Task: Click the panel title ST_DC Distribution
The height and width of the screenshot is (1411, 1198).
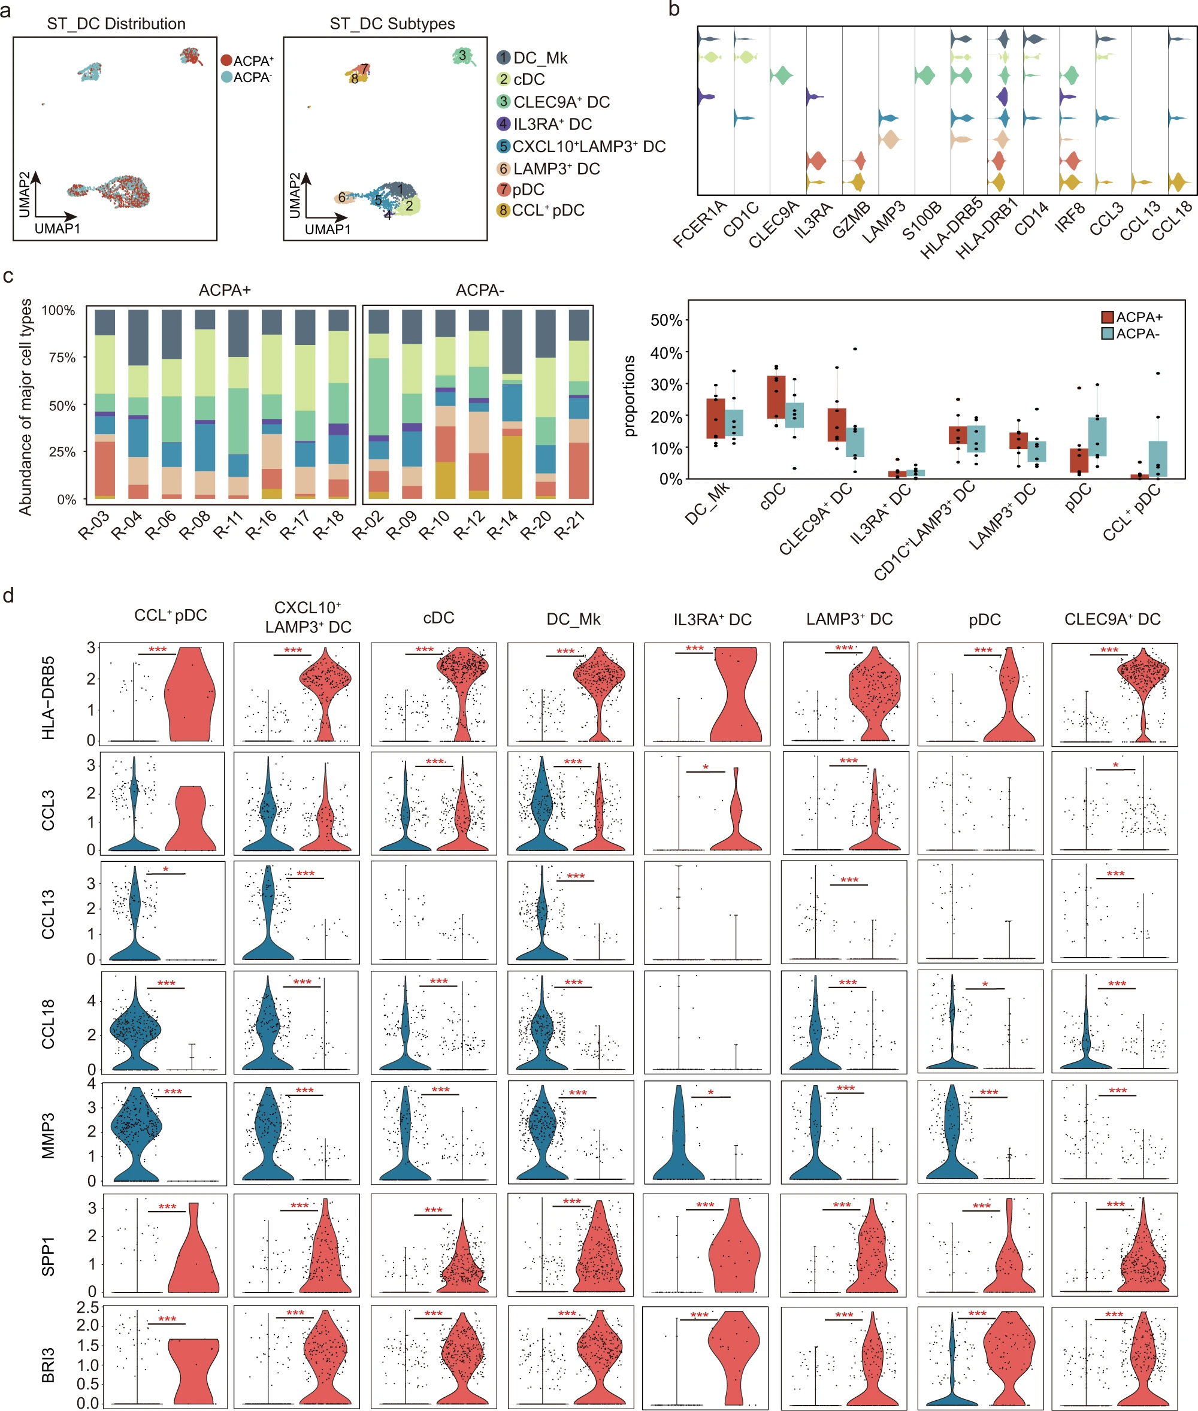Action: click(116, 24)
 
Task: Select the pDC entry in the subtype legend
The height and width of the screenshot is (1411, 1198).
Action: click(528, 189)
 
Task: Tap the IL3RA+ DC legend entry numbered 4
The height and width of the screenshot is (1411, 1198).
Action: click(552, 124)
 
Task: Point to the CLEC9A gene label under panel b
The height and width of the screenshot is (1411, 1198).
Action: click(775, 225)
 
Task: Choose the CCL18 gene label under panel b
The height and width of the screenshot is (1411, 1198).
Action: click(1172, 220)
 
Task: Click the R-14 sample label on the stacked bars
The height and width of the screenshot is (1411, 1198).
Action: click(503, 525)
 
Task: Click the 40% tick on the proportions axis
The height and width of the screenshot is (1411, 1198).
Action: click(666, 353)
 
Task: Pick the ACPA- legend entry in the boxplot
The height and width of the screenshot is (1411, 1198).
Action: click(1131, 334)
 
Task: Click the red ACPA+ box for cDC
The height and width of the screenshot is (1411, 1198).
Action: click(776, 397)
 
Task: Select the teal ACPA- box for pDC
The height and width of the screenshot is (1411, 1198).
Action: click(1097, 437)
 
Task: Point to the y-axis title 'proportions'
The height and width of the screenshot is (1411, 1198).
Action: click(630, 396)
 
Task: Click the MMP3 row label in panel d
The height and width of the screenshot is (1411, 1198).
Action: click(47, 1135)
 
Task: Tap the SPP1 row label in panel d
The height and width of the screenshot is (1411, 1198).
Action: click(47, 1256)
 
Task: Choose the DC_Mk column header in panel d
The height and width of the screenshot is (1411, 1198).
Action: click(573, 619)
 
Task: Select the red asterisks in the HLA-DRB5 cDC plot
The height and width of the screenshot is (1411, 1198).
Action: click(425, 650)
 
